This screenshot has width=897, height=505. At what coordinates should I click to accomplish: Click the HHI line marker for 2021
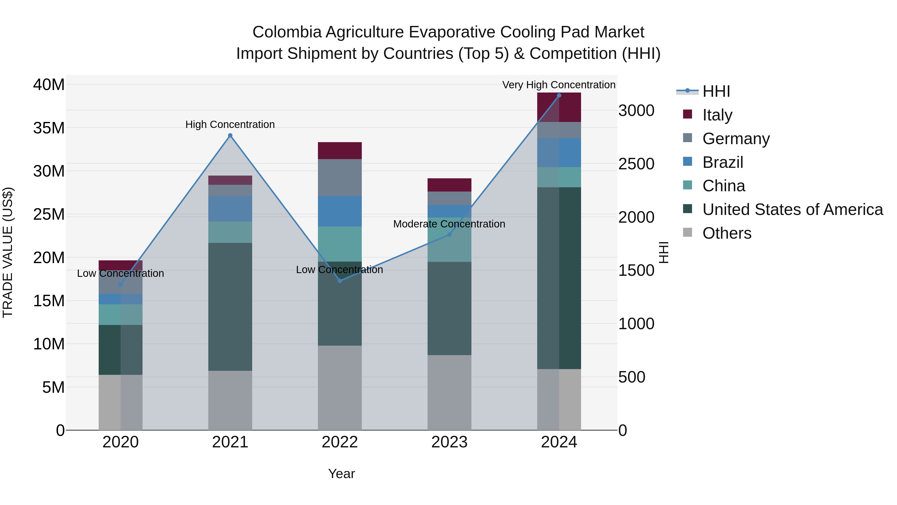pyautogui.click(x=230, y=136)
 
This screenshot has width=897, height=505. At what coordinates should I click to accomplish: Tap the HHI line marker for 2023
pyautogui.click(x=449, y=235)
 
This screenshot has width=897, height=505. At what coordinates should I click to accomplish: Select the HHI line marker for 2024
pyautogui.click(x=559, y=96)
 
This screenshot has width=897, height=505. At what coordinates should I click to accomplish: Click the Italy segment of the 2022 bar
pyautogui.click(x=340, y=151)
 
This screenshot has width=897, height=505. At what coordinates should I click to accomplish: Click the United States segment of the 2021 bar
pyautogui.click(x=230, y=307)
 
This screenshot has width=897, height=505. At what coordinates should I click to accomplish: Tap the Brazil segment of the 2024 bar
pyautogui.click(x=559, y=153)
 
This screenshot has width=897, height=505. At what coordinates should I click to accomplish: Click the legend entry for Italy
pyautogui.click(x=717, y=115)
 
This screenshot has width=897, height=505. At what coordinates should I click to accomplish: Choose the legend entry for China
pyautogui.click(x=724, y=186)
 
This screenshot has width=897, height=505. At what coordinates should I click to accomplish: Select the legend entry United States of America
pyautogui.click(x=792, y=209)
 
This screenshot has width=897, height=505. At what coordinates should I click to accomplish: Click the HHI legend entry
pyautogui.click(x=716, y=91)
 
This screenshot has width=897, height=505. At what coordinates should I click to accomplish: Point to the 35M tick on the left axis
pyautogui.click(x=49, y=128)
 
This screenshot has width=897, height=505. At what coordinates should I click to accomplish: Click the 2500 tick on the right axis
pyautogui.click(x=636, y=164)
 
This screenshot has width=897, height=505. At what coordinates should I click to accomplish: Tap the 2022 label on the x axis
pyautogui.click(x=340, y=442)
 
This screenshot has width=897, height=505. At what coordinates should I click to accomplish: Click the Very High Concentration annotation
pyautogui.click(x=559, y=85)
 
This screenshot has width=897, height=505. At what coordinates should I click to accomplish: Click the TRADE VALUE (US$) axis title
pyautogui.click(x=8, y=252)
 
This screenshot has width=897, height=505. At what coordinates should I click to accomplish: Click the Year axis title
pyautogui.click(x=341, y=474)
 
